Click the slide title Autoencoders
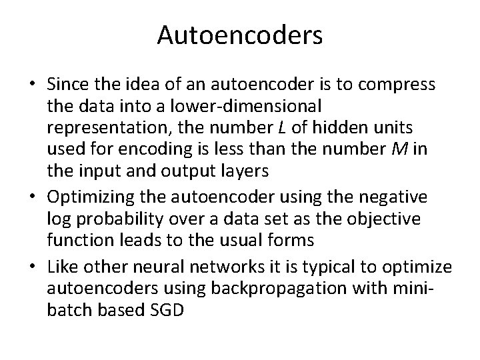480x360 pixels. pos(240,35)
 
